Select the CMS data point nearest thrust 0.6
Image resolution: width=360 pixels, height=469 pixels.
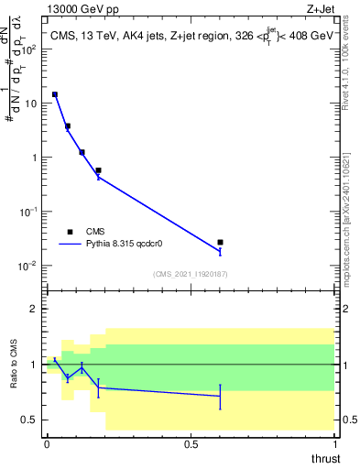point(220,242)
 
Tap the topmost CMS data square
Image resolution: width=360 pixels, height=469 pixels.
point(55,94)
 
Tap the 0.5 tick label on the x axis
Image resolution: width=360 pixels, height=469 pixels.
point(191,443)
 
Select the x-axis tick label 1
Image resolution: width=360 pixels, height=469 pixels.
point(334,443)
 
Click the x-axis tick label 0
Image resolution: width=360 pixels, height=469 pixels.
point(47,443)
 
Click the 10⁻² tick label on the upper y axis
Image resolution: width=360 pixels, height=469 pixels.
point(30,266)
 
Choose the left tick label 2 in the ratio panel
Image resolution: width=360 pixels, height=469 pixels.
point(36,310)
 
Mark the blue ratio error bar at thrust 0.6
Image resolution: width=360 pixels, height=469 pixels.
point(220,396)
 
